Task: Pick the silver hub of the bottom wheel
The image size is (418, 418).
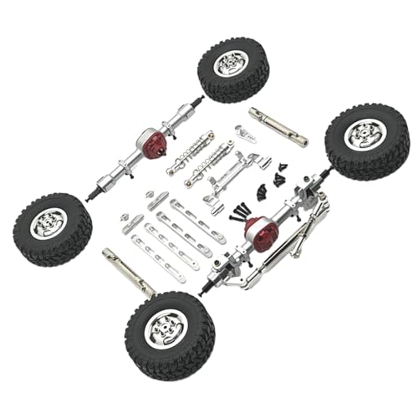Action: (161, 330)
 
